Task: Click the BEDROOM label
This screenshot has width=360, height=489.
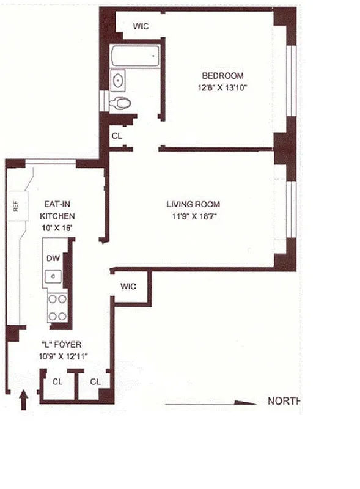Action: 222,76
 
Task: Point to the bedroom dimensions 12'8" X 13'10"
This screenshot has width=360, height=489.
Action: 222,87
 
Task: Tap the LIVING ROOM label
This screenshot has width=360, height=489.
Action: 193,204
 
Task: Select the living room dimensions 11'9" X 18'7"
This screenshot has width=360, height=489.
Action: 193,215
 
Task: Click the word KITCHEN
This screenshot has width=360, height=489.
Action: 57,216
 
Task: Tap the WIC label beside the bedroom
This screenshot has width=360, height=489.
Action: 141,26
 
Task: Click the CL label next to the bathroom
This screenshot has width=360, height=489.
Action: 117,136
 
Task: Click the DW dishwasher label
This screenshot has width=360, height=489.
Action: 53,259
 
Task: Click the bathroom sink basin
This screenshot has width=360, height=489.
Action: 119,79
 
